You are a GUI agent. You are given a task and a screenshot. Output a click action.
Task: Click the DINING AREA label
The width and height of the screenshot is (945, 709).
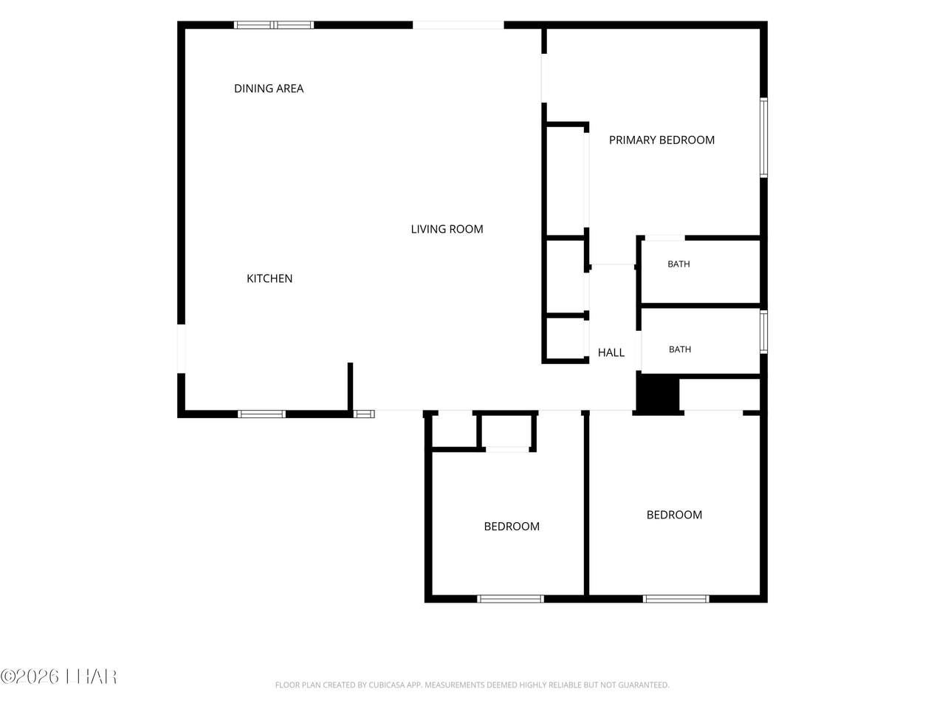tap(269, 89)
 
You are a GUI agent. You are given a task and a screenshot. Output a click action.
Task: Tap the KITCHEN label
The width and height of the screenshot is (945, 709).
tap(269, 278)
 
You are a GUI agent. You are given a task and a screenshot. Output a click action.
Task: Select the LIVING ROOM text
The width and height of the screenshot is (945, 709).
tap(447, 229)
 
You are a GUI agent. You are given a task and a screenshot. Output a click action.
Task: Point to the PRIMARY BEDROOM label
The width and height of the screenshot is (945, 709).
tap(661, 140)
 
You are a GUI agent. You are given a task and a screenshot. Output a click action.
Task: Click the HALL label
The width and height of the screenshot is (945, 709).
tap(611, 352)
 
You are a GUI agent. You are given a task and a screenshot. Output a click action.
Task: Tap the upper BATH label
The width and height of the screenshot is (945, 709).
tap(678, 264)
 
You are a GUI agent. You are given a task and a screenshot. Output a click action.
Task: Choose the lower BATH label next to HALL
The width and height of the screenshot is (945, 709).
tap(680, 349)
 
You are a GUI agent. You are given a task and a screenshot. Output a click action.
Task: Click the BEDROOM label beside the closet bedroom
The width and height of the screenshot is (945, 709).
tap(512, 527)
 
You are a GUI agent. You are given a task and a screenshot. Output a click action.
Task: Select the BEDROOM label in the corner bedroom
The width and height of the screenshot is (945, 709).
tap(674, 515)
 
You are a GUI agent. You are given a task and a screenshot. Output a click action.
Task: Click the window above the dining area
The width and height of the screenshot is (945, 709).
tap(274, 25)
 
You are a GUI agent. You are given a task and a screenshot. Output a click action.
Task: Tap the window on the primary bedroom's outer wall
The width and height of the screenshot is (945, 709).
tap(763, 138)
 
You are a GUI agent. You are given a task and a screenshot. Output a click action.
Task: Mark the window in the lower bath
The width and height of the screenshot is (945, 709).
tap(763, 332)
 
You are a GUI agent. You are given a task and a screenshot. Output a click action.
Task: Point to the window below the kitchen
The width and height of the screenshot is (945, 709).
tap(262, 414)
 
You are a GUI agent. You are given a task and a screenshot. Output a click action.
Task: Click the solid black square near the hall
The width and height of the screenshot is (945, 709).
tap(658, 394)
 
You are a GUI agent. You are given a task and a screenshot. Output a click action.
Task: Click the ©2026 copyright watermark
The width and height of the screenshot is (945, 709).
tap(58, 677)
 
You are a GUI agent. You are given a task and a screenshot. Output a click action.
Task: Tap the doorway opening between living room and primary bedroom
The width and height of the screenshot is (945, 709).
tap(544, 78)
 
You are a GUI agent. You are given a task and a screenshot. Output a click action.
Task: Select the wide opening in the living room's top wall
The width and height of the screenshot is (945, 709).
tap(458, 25)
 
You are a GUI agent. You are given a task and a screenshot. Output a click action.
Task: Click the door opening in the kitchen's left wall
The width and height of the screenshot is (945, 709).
tap(182, 349)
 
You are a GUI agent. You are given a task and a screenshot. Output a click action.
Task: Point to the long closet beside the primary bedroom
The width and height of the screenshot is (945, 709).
tap(566, 181)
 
